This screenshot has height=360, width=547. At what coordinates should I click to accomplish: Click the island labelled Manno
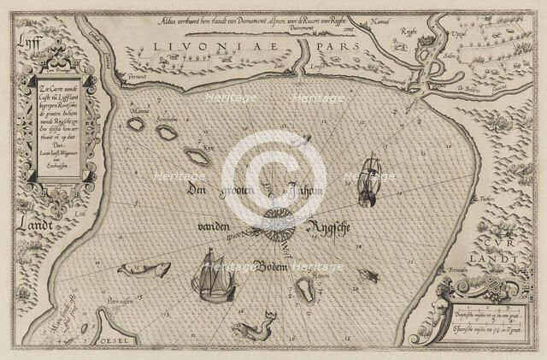coord(135,124)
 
